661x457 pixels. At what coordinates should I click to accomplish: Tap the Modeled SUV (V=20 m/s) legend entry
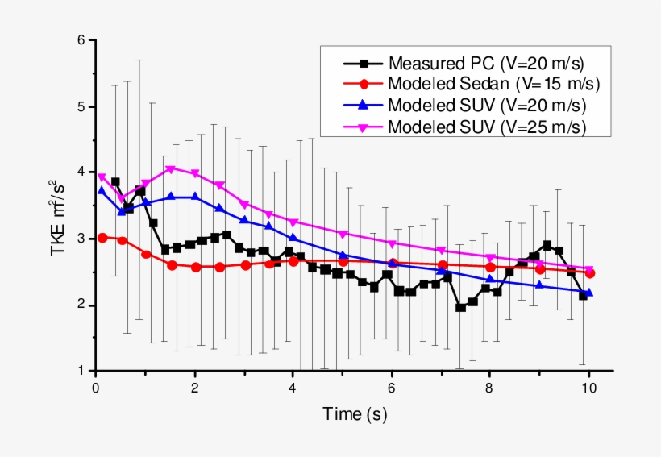pos(486,105)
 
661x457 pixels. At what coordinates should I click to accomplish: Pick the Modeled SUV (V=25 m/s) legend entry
pos(486,127)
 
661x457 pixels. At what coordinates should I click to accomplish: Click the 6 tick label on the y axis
pos(81,40)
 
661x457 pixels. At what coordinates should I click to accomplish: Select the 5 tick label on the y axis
pos(81,106)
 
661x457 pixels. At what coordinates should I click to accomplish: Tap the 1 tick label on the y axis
pos(81,371)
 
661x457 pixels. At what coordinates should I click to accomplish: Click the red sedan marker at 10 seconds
pos(590,273)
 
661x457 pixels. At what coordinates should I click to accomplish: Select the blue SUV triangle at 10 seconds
pos(589,292)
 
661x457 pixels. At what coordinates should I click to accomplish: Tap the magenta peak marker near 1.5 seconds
pos(170,169)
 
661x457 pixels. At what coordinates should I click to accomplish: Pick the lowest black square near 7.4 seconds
pos(460,307)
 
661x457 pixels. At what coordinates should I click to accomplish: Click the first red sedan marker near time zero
pos(102,238)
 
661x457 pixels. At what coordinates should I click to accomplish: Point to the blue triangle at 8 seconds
pos(490,280)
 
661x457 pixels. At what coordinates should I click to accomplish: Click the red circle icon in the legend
pos(364,84)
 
